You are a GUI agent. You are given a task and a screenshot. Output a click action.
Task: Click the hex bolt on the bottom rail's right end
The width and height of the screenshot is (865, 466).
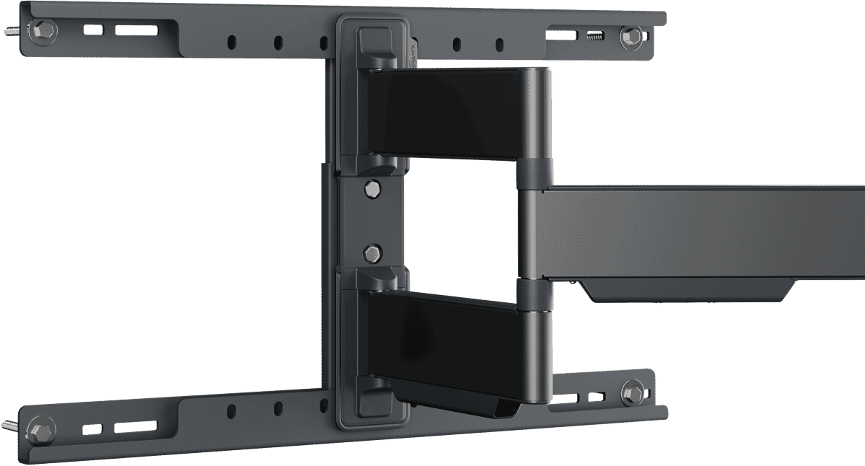click(x=633, y=392)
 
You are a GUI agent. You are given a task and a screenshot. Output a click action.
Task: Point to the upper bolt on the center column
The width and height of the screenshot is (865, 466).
click(x=371, y=189)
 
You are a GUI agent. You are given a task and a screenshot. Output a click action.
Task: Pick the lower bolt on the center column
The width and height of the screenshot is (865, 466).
click(x=371, y=253)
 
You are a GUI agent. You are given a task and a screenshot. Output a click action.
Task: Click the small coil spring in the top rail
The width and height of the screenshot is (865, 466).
click(x=594, y=35)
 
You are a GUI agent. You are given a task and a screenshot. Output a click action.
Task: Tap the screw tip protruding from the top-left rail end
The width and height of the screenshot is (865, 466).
click(x=12, y=31)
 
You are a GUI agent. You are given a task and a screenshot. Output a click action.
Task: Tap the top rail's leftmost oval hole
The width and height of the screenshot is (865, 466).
click(x=232, y=42)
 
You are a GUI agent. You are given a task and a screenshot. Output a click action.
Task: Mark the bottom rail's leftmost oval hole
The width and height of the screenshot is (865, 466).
click(x=232, y=411)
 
